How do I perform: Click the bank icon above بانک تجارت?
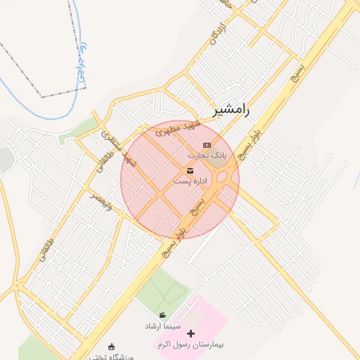tap(207, 145)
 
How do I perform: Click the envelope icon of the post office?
tap(190, 172)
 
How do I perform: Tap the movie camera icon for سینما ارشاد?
tap(163, 316)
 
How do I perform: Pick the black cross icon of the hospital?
tap(191, 333)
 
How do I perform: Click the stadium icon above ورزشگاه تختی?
tap(111, 346)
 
